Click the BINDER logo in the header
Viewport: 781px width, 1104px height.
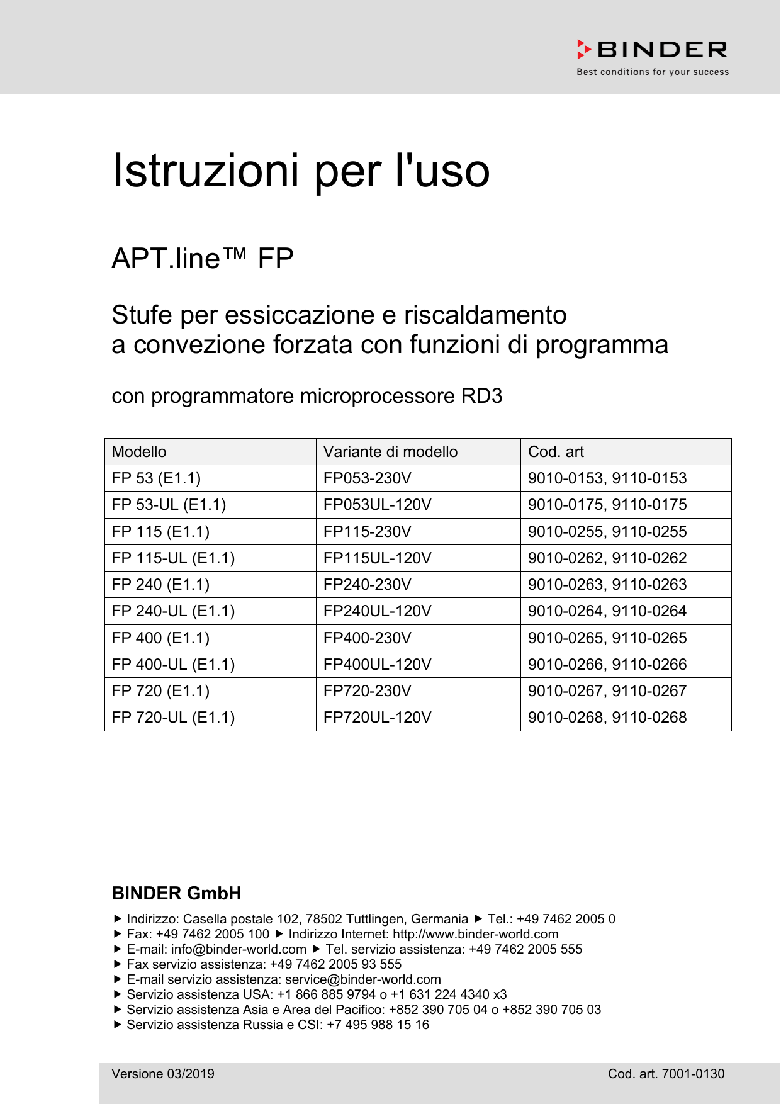pos(653,50)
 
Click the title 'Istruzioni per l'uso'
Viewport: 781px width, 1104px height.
pos(300,171)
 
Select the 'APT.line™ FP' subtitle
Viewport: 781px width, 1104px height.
pos(202,259)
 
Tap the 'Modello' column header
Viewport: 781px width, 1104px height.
pos(139,452)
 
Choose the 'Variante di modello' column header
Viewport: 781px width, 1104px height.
pos(390,452)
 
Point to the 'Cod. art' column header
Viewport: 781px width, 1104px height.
pos(556,452)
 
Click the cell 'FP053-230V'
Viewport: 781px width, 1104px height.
pos(367,478)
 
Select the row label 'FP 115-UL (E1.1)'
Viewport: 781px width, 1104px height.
pos(173,558)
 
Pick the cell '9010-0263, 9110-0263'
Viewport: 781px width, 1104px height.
pos(607,585)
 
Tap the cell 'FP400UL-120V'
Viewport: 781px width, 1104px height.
pos(377,665)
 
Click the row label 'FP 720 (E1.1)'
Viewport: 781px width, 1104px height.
pos(160,691)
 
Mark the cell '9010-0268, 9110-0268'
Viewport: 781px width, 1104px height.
pos(607,718)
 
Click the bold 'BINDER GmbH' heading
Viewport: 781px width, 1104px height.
pos(176,893)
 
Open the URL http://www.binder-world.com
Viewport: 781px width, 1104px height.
pos(475,934)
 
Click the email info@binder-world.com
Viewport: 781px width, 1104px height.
pos(239,949)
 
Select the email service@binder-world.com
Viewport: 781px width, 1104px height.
pos(362,979)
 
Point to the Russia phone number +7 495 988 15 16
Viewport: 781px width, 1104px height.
pos(378,1025)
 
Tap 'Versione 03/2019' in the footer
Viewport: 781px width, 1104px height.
pos(163,1074)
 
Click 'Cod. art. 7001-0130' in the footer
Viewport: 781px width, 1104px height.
pos(666,1074)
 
